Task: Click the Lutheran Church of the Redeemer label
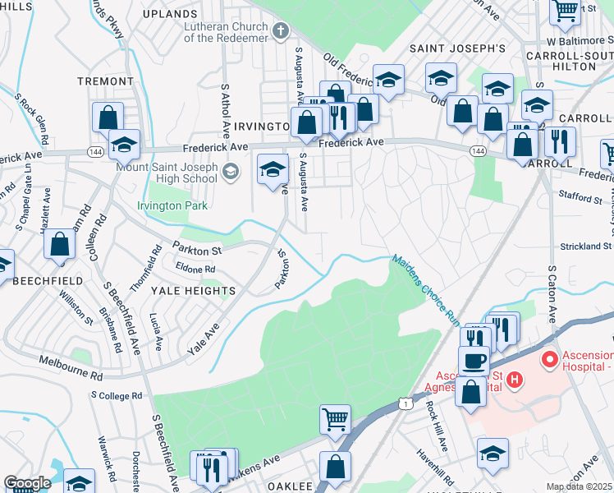click(x=226, y=32)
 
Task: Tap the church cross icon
click(x=281, y=32)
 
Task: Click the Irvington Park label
click(x=172, y=205)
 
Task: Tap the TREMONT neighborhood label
click(x=104, y=81)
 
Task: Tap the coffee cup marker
click(x=474, y=360)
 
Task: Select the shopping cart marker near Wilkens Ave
click(x=335, y=418)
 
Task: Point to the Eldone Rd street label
click(x=195, y=269)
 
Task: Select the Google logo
click(x=27, y=483)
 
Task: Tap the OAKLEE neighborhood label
click(x=291, y=486)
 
